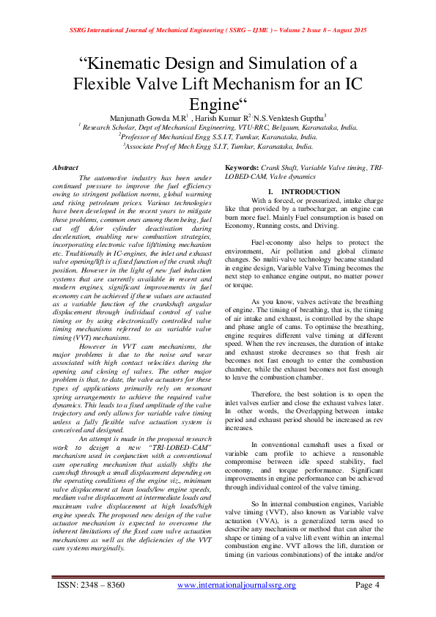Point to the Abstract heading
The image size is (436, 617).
tap(66, 168)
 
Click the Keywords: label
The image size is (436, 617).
tap(244, 168)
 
